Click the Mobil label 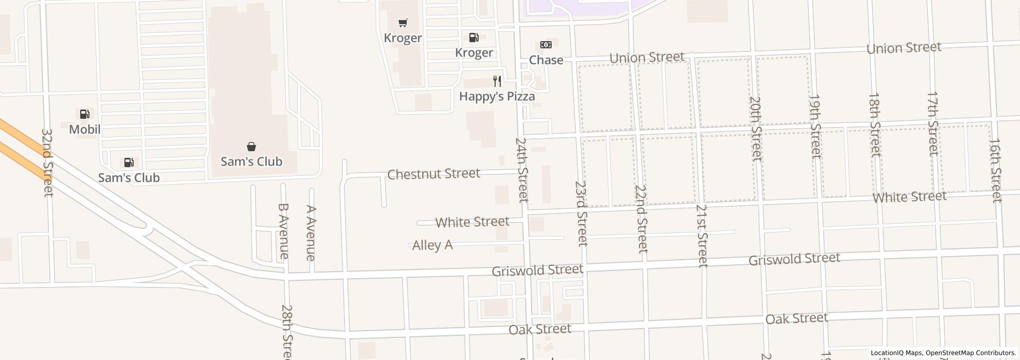coord(85,130)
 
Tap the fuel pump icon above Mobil coord(85,114)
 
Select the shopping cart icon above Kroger coord(403,23)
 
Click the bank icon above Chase coord(546,45)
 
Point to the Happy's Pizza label coord(497,96)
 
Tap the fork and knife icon coord(497,81)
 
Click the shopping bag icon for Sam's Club coord(251,147)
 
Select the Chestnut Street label coord(433,174)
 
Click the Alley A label coord(432,245)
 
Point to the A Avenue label coord(311,233)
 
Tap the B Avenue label coord(283,231)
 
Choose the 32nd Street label coord(47,163)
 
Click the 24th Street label coord(522,170)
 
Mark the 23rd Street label coord(581,213)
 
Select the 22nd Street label coord(641,219)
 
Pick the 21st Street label coord(702,236)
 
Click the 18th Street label coord(875,124)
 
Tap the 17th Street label coord(934,123)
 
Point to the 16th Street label coord(996,170)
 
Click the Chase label coord(546,60)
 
